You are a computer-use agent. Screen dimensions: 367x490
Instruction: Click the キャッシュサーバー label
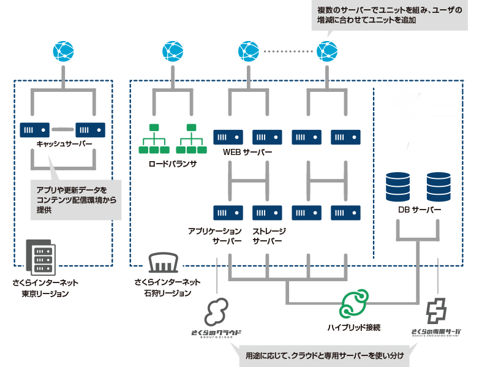tap(62, 144)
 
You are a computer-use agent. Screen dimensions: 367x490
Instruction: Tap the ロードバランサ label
tap(172, 164)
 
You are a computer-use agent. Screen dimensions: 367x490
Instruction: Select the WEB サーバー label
tap(248, 153)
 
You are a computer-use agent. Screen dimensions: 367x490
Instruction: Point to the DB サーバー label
tap(420, 210)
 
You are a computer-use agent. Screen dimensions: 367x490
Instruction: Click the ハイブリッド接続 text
tap(355, 327)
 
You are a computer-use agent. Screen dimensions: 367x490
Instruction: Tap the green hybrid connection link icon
tap(354, 304)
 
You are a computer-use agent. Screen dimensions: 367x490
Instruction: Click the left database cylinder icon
tap(398, 186)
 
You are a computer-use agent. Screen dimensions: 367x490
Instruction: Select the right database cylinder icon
tap(439, 186)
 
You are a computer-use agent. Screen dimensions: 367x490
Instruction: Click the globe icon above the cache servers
tap(63, 51)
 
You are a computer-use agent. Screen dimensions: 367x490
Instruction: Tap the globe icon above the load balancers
tap(173, 51)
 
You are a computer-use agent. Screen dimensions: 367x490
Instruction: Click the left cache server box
tap(35, 129)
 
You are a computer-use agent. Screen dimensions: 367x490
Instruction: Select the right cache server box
tap(90, 129)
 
